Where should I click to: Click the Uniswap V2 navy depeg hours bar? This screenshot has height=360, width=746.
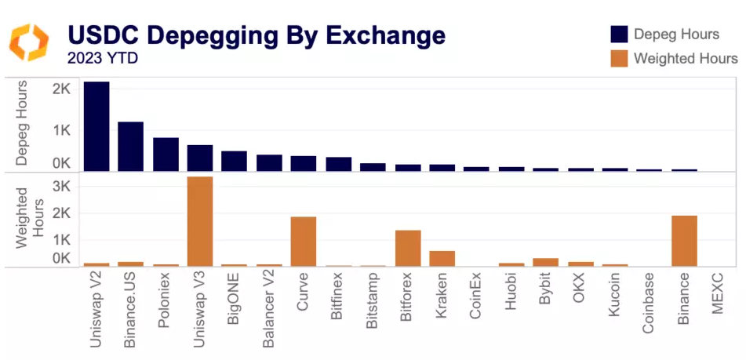tap(96, 126)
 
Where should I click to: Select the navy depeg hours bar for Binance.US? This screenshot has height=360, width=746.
tap(130, 147)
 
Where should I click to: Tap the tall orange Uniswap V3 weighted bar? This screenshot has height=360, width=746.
tap(200, 222)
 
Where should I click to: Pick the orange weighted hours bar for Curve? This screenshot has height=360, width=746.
tap(304, 242)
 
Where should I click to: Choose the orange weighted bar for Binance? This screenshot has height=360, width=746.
tap(684, 241)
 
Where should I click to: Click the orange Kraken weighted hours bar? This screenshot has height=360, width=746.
tap(442, 259)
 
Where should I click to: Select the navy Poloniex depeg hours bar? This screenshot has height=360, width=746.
tap(166, 155)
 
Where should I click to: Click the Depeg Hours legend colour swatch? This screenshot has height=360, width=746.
tap(619, 34)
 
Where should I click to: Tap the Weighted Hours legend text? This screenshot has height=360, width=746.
tap(686, 58)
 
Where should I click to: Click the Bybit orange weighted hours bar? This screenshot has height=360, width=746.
tap(545, 263)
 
